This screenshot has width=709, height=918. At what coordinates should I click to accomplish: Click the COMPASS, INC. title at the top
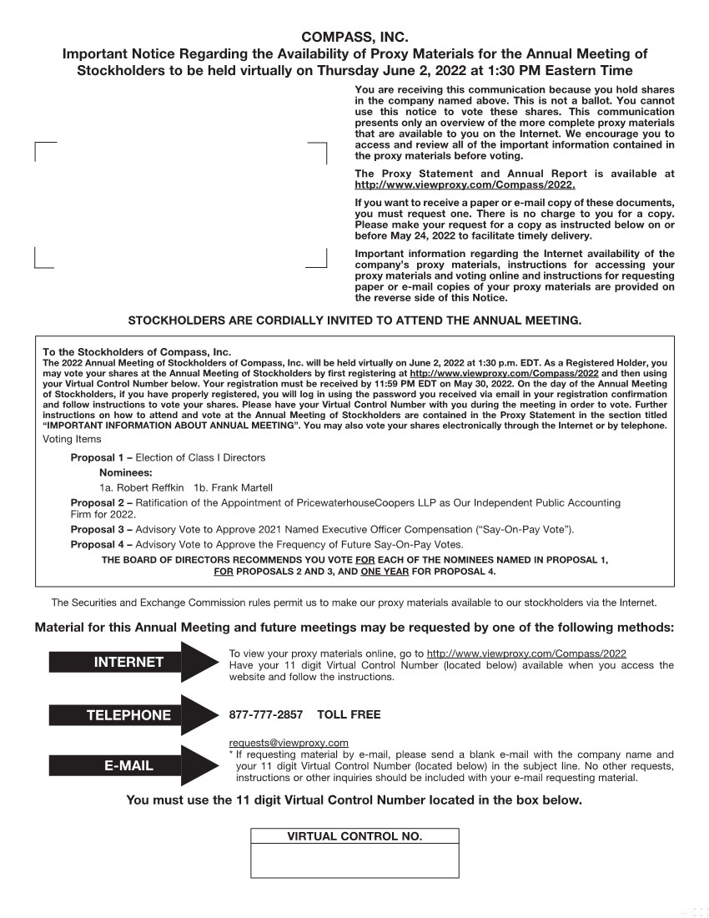(x=354, y=37)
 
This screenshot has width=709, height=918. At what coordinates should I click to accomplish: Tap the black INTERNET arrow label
(x=128, y=662)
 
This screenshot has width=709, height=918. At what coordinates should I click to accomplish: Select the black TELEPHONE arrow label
(x=128, y=714)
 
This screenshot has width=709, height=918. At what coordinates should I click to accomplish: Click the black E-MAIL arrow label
(x=128, y=765)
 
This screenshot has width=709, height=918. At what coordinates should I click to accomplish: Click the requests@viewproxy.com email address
(x=288, y=742)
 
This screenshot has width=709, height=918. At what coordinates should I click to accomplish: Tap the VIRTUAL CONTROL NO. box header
(x=354, y=836)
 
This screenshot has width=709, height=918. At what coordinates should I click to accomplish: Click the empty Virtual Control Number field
(x=354, y=860)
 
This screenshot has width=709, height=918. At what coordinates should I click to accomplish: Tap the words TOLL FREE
(x=349, y=714)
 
